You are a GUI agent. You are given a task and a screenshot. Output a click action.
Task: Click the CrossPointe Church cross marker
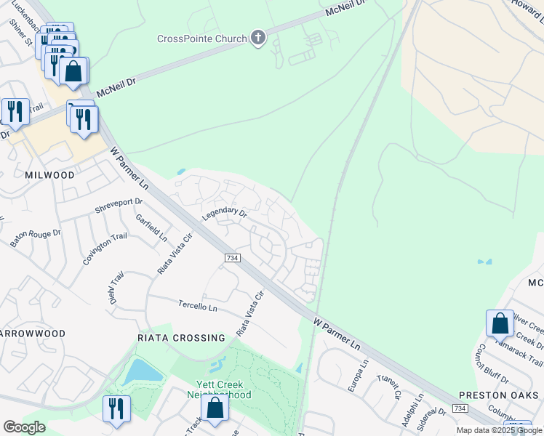pyautogui.click(x=258, y=39)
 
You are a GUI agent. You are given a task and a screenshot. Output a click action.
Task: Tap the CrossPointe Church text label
pyautogui.click(x=202, y=39)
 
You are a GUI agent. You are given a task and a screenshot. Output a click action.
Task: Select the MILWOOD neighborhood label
pyautogui.click(x=49, y=175)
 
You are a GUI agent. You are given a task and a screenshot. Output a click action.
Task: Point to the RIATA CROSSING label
pyautogui.click(x=182, y=338)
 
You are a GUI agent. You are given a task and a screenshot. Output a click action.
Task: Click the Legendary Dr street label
pyautogui.click(x=225, y=214)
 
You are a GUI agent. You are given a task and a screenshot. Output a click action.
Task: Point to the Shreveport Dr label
pyautogui.click(x=119, y=206)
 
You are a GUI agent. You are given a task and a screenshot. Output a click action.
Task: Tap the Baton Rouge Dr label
pyautogui.click(x=36, y=234)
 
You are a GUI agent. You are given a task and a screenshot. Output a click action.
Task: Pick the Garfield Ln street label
pyautogui.click(x=151, y=227)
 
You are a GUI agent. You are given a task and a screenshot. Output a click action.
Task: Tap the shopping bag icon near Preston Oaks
pyautogui.click(x=500, y=324)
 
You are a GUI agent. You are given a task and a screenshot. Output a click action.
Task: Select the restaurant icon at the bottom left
pyautogui.click(x=116, y=409)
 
